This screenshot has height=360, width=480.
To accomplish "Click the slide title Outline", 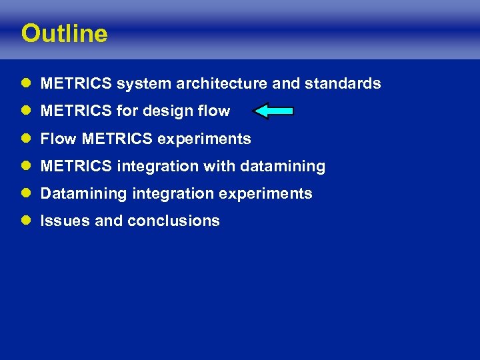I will [x=64, y=33].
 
